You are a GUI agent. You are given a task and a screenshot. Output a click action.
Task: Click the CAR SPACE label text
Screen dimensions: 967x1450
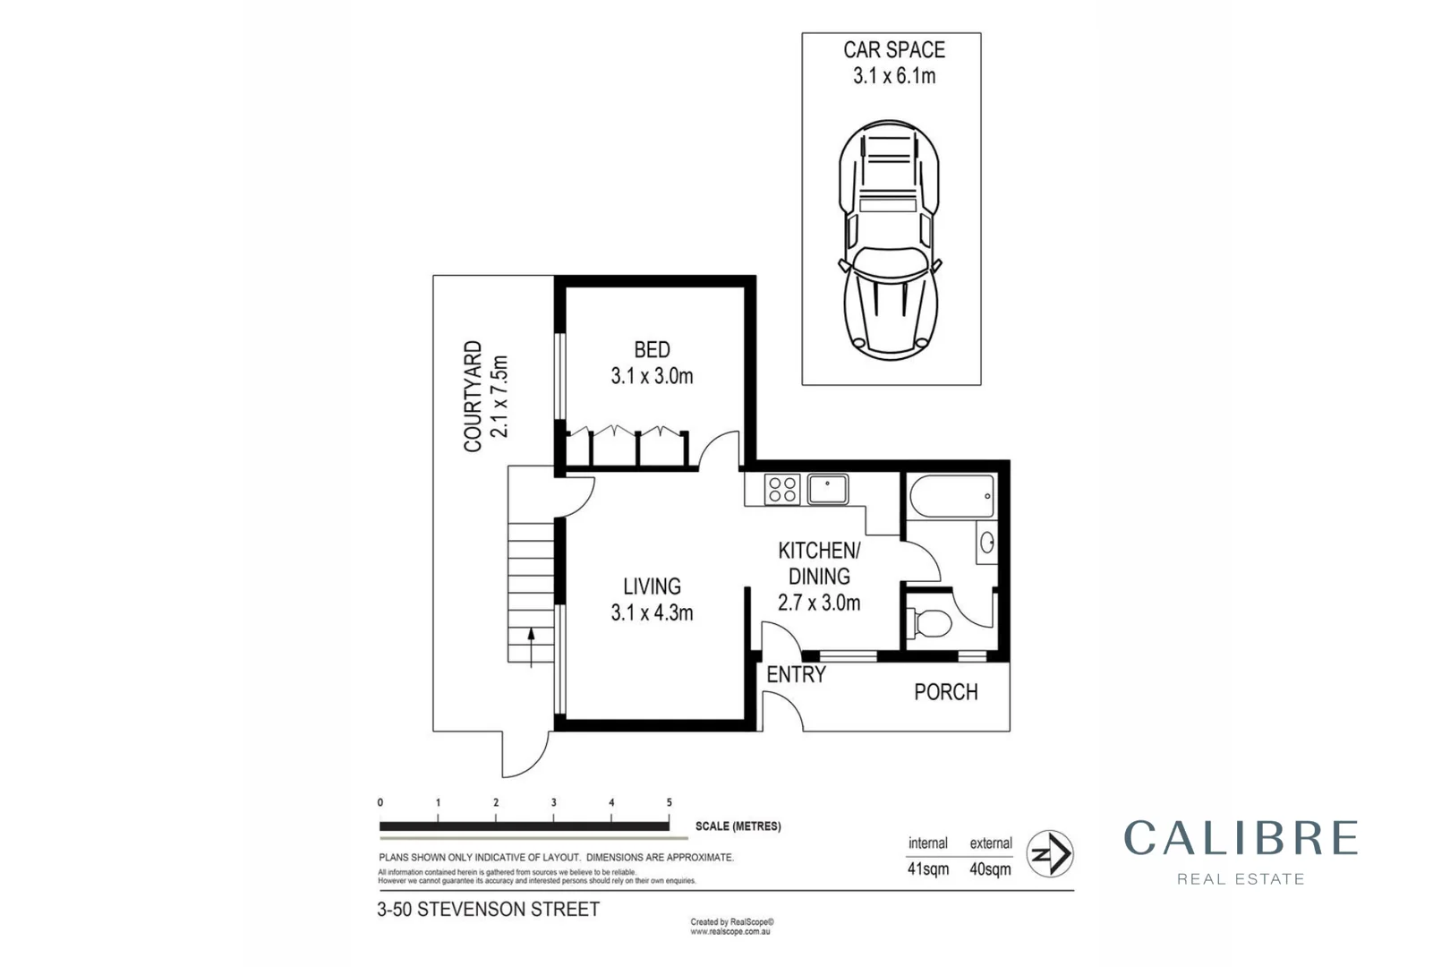coord(893,51)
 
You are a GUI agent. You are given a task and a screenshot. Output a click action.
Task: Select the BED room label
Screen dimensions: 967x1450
coord(652,350)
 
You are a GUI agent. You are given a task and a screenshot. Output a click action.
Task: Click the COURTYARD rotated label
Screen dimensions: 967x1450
coord(473,397)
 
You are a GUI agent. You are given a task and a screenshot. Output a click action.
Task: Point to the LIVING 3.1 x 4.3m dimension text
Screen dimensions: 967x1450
coord(652,613)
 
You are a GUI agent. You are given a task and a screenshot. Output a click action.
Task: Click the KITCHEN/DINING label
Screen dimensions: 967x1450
coord(819,562)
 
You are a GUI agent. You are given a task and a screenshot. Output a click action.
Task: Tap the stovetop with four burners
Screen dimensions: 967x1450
coord(782,490)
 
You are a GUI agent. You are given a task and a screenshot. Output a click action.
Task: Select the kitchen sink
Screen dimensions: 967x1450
coord(828,490)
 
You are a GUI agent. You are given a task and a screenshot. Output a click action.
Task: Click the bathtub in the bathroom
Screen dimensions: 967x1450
coord(951,496)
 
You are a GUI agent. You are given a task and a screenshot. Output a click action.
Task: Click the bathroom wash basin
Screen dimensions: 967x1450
coord(987,543)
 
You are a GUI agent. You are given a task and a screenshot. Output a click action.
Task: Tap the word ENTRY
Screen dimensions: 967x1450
coord(796,675)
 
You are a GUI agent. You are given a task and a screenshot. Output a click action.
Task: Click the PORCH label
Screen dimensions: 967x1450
coord(945,692)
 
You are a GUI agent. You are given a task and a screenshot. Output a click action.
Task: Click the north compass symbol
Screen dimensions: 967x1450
coord(1050,853)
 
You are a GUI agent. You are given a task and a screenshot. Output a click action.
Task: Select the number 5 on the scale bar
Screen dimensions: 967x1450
coord(669,803)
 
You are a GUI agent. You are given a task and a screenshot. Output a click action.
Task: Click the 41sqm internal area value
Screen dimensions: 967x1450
coord(928,869)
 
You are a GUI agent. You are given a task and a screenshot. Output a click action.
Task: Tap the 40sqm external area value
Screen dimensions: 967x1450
coord(990,869)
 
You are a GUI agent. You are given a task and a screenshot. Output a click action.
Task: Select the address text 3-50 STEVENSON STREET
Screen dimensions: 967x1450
coord(489,910)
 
